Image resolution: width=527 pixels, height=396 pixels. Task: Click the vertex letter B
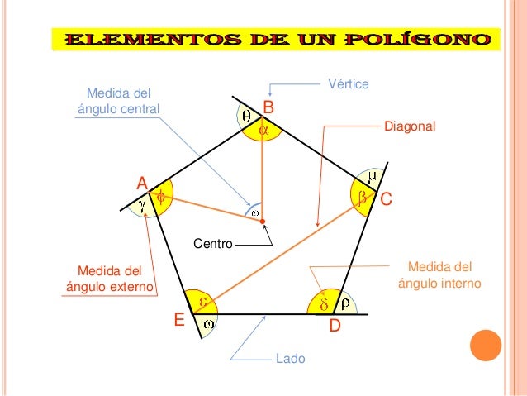point(268,107)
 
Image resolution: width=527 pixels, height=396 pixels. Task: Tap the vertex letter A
point(142,182)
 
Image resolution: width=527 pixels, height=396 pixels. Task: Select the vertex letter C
point(385,199)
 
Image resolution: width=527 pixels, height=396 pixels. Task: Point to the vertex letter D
point(335,327)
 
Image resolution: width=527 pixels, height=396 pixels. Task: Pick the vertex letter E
point(178,320)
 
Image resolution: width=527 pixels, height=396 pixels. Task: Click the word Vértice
point(348,84)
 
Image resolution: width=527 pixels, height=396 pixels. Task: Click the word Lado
point(289,360)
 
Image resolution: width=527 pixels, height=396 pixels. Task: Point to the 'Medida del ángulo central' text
point(117,100)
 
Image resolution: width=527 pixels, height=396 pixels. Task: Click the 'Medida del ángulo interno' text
point(440,275)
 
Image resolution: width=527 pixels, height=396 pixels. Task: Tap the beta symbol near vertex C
point(362,198)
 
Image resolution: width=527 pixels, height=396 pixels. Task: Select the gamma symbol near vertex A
point(143,201)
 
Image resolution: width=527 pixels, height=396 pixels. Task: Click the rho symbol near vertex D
point(346,303)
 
